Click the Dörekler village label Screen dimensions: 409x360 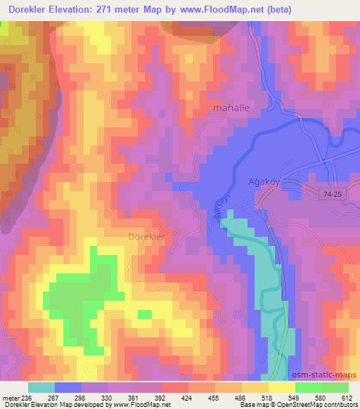coord(146,238)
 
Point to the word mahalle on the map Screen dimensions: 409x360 coord(231,109)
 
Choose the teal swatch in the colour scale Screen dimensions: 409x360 coord(41,387)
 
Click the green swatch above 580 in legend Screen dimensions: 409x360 coord(308,387)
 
